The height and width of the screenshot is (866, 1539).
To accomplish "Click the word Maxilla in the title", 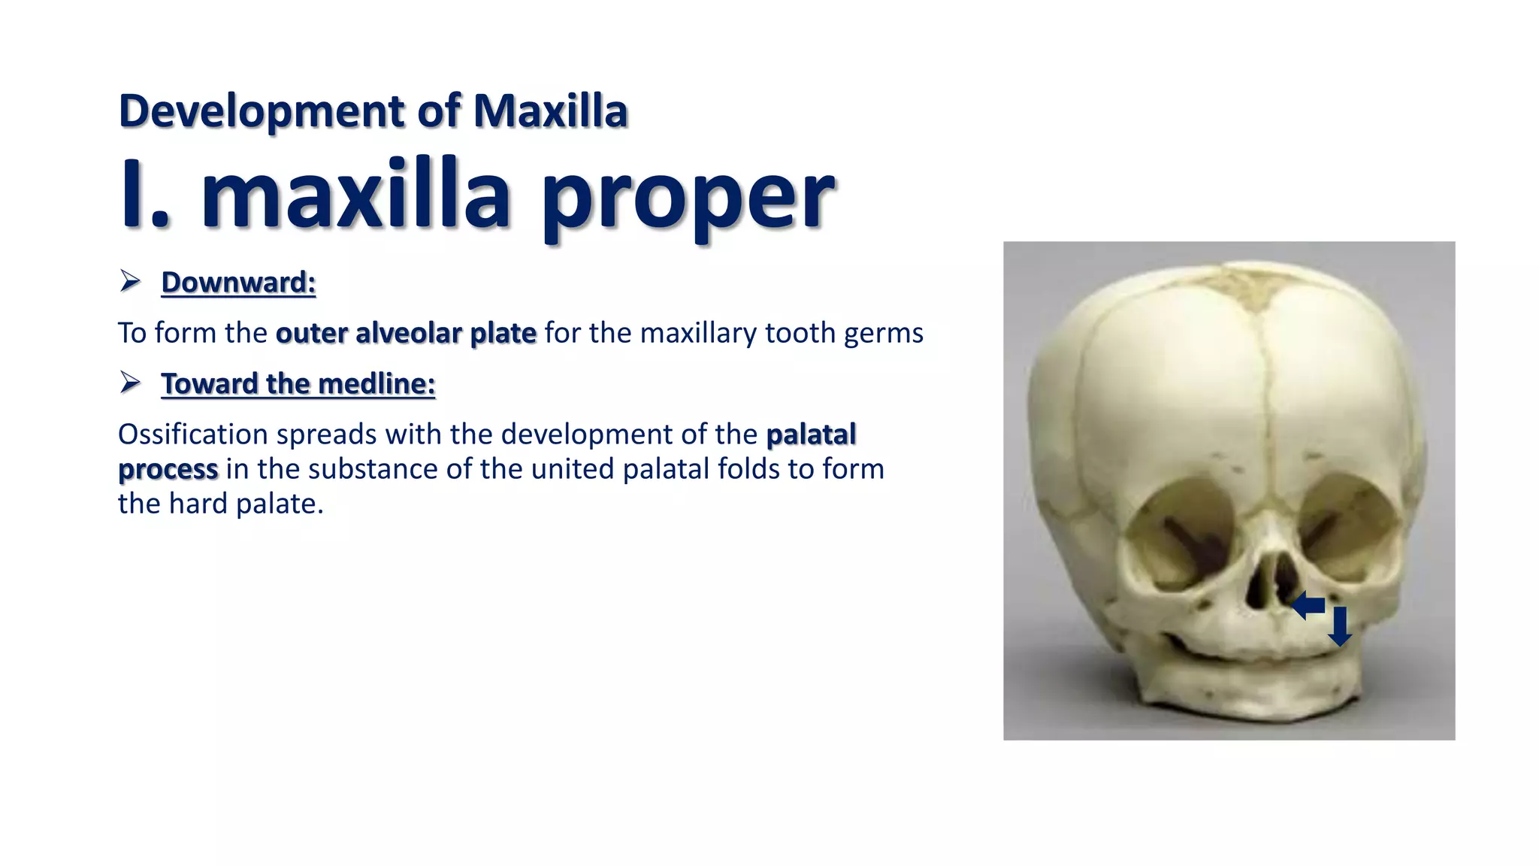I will point(550,111).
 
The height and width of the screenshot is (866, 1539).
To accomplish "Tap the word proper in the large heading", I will point(687,197).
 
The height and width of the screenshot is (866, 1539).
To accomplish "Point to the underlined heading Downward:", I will point(238,283).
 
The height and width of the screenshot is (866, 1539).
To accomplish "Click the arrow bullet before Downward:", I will point(130,282).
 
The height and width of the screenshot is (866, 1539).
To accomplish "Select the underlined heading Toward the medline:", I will point(298,384).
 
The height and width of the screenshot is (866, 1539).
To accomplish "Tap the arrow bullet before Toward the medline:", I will point(130,383).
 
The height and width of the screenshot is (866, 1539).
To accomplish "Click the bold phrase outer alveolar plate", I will point(406,333).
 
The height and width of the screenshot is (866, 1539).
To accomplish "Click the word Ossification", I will point(193,435).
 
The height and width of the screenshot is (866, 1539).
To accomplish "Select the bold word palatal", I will point(811,435).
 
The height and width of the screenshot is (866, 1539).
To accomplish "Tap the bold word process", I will point(168,469).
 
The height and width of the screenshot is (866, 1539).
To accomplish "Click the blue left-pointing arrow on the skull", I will point(1308,605).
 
